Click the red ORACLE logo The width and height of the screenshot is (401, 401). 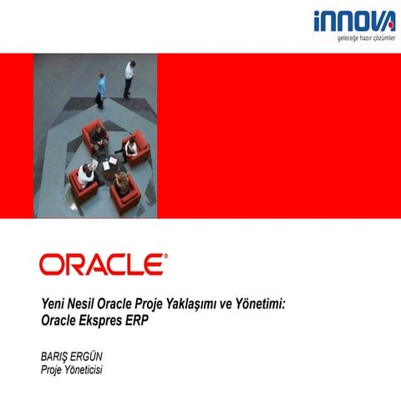tap(103, 265)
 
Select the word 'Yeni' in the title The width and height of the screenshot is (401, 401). tap(53, 304)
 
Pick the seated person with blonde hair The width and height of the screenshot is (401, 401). tap(86, 172)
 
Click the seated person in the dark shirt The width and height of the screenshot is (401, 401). tap(123, 182)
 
